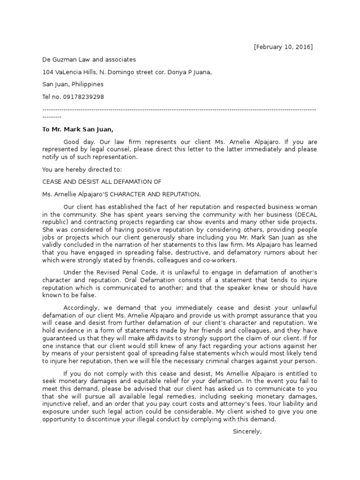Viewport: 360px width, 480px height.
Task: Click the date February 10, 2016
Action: (283, 47)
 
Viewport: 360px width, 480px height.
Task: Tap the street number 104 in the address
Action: (47, 72)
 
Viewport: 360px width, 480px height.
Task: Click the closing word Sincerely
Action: (247, 431)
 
